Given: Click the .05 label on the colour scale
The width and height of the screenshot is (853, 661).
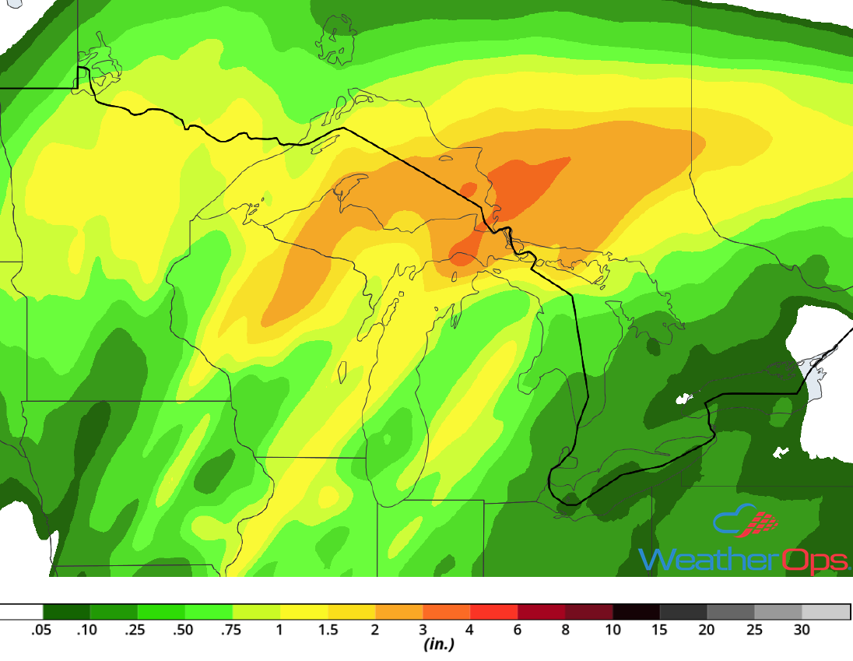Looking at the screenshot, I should [x=42, y=630].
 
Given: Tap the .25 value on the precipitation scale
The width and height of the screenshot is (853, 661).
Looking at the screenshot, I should [x=137, y=630].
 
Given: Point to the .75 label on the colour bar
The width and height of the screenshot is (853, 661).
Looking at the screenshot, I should [x=232, y=630].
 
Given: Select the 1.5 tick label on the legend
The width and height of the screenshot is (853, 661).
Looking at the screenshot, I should [x=328, y=630].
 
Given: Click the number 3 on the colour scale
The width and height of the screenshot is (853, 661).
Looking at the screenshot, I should [x=423, y=630].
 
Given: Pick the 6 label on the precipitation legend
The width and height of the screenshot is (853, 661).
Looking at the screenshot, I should [x=518, y=630].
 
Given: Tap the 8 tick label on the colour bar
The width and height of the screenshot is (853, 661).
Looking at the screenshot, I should [x=566, y=630].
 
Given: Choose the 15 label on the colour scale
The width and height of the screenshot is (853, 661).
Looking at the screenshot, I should [x=660, y=630].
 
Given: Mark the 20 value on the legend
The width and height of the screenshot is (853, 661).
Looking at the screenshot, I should [x=707, y=630].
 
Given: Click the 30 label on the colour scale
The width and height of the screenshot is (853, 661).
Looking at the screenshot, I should [x=802, y=630].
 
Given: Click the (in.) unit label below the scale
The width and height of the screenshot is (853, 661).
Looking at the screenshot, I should [x=438, y=645].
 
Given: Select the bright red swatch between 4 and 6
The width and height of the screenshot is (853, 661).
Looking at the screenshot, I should [x=494, y=612].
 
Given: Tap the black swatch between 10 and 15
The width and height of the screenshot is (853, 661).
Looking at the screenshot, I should [x=637, y=612].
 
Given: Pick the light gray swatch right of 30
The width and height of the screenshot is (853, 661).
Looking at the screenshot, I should [x=826, y=612].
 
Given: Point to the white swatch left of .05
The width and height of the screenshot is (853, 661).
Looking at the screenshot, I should [x=21, y=612].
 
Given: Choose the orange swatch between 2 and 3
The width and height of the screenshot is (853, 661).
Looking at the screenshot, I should [x=399, y=612].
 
